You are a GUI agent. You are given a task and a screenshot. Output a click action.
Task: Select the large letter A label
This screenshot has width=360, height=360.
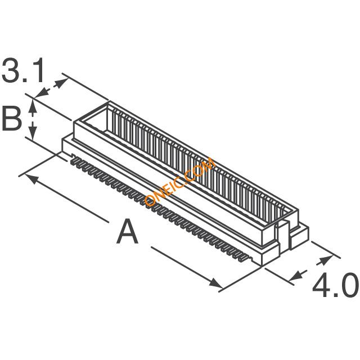128,231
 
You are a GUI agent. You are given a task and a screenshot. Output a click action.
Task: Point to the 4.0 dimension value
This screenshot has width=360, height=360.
335,285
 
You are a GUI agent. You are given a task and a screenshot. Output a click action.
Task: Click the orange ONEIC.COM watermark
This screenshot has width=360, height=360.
179,181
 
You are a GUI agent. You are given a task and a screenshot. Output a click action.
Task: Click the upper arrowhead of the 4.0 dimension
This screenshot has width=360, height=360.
326,259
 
